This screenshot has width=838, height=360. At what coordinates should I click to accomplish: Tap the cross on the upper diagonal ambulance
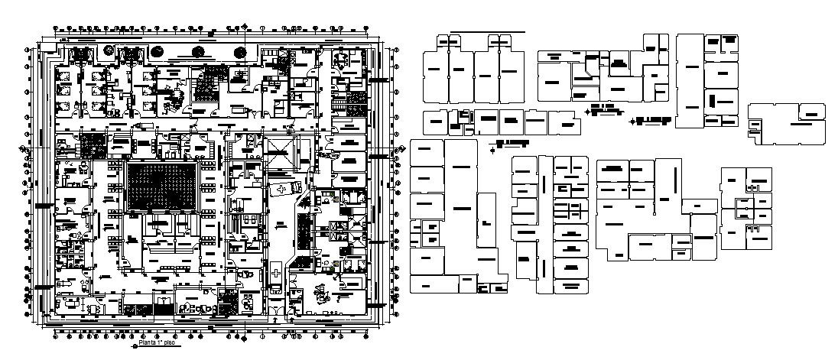pyautogui.click(x=283, y=188)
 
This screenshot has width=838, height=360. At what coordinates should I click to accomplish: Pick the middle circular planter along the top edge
pyautogui.click(x=198, y=52)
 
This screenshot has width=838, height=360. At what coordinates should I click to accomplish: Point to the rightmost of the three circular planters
pyautogui.click(x=239, y=52)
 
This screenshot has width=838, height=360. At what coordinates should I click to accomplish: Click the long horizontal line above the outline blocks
pyautogui.click(x=487, y=32)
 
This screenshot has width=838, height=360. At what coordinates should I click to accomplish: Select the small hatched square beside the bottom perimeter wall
pyautogui.click(x=227, y=304)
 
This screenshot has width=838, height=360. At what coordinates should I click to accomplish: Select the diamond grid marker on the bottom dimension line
pyautogui.click(x=243, y=335)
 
